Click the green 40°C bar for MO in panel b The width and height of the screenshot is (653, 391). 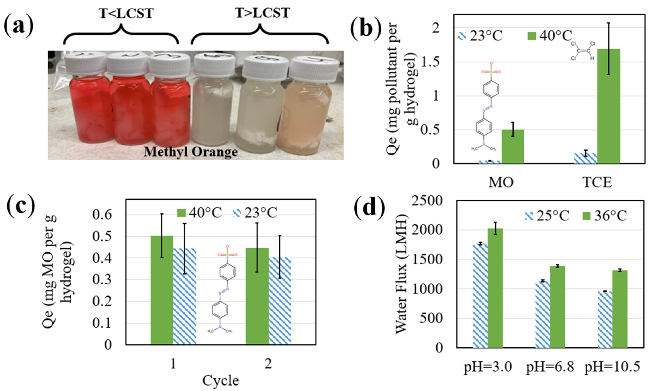[513, 146]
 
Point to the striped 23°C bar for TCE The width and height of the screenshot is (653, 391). [585, 158]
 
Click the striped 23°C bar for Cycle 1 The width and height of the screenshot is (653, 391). [184, 296]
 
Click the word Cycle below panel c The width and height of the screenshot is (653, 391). [220, 380]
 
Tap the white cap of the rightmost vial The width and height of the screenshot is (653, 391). [314, 69]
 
